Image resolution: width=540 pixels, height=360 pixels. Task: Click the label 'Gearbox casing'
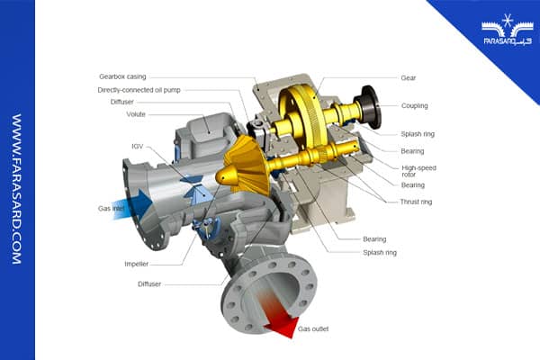pos(122,76)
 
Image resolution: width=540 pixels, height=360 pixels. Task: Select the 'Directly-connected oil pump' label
pos(139,90)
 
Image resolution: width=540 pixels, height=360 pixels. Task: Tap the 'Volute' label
pos(136,114)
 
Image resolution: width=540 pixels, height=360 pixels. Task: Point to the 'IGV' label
pos(137,147)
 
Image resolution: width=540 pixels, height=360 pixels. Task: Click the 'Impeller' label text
pos(137,264)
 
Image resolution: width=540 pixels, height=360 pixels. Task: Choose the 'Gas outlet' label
pos(313,329)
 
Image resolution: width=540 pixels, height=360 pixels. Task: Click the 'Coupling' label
pos(415,106)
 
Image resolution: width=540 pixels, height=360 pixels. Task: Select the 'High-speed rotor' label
pos(418,171)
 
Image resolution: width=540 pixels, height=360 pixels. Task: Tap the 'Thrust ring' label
pos(416,202)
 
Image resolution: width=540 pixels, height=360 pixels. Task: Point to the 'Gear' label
pos(409,78)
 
